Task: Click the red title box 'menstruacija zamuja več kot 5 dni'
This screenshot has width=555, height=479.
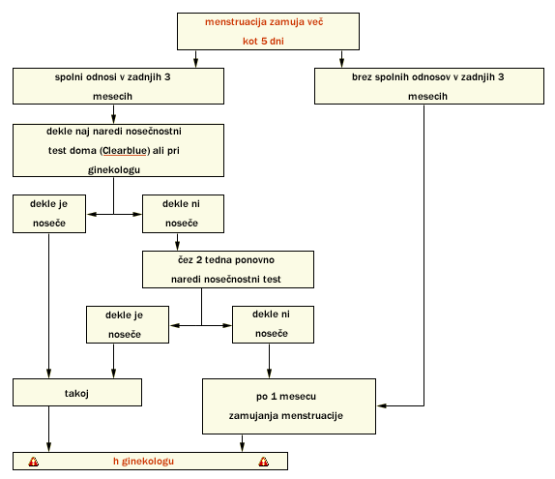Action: (x=268, y=32)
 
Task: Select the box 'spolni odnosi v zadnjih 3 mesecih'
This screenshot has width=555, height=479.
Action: (x=118, y=86)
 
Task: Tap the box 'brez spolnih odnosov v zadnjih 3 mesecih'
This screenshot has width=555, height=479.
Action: (x=429, y=86)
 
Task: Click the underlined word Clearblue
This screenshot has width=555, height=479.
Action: (x=125, y=151)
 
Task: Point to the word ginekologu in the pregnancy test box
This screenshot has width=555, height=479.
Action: (x=114, y=169)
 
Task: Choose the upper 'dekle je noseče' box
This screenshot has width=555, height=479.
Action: (x=49, y=214)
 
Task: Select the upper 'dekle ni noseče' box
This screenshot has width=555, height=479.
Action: (x=183, y=214)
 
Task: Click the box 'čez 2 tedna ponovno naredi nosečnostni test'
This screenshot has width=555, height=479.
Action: (x=228, y=269)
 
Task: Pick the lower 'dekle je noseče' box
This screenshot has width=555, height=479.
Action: (x=128, y=324)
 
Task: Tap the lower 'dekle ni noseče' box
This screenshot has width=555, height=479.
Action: (x=273, y=324)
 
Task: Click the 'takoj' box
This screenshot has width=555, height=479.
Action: (x=77, y=392)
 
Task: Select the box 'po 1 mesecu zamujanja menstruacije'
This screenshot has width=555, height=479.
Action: (x=289, y=406)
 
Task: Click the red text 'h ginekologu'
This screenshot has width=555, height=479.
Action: (x=143, y=461)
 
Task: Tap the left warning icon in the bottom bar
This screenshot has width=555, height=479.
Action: (x=34, y=462)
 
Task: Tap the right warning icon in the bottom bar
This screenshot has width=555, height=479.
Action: (x=264, y=462)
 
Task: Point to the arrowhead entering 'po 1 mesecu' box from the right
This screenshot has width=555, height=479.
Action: (x=382, y=405)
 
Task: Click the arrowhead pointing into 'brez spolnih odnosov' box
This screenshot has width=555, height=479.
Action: (x=341, y=63)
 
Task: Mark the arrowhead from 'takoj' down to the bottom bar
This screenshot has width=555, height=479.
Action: (x=49, y=447)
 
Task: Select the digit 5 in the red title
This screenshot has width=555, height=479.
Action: (x=264, y=41)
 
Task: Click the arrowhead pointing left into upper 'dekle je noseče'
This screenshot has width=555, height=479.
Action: (x=92, y=214)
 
